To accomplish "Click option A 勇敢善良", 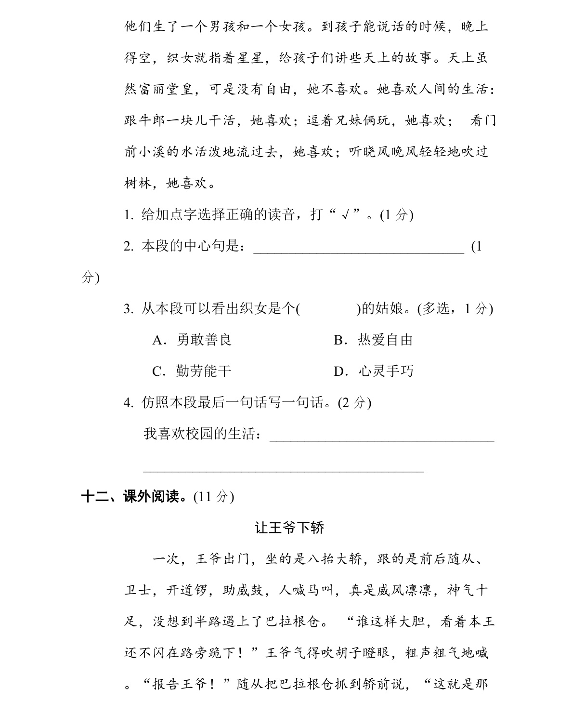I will [x=192, y=340].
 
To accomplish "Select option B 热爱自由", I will [x=373, y=340].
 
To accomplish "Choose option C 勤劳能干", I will [x=192, y=371].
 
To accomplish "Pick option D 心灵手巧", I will [x=373, y=371].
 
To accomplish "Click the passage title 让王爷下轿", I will [x=290, y=528].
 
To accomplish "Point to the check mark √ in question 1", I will [x=344, y=215].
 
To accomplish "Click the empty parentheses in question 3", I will [x=328, y=309].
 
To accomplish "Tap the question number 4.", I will [x=128, y=403].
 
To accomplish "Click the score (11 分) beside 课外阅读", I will [x=214, y=497].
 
